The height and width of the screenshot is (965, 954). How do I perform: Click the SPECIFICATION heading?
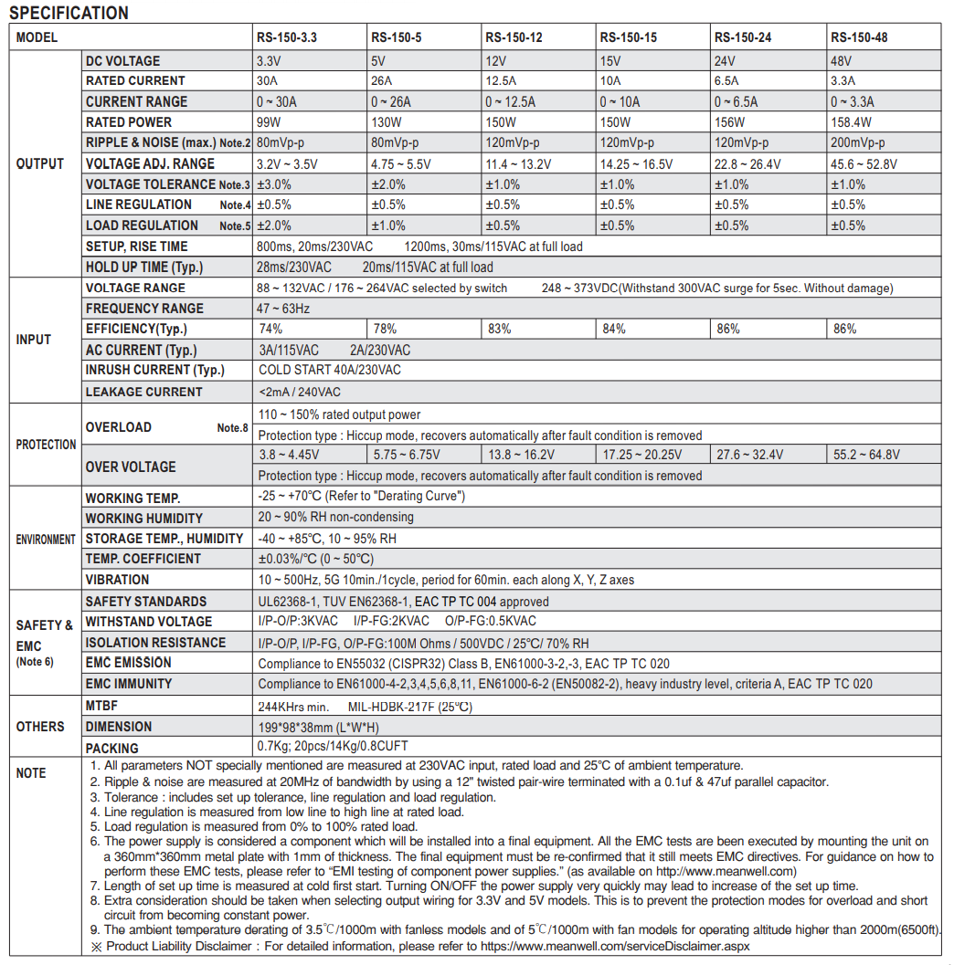[x=69, y=13]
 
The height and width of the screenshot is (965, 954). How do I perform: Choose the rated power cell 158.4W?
[x=851, y=122]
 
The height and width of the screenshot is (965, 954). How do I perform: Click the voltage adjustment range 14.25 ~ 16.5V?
[x=636, y=164]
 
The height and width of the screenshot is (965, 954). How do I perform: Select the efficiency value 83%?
[x=499, y=329]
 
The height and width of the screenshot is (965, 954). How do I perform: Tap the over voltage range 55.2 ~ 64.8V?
[x=866, y=455]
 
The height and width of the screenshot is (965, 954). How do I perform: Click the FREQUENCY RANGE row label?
[x=144, y=309]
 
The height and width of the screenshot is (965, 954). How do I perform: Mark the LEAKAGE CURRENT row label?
[x=143, y=392]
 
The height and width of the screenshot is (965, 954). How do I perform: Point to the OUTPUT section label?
[x=40, y=164]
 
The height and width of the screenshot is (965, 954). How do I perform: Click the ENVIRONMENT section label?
[x=45, y=540]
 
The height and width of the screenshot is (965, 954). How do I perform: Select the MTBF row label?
[x=101, y=706]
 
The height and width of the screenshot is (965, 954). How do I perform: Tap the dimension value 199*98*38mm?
[x=318, y=727]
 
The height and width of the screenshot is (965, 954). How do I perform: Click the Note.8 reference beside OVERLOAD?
[x=232, y=428]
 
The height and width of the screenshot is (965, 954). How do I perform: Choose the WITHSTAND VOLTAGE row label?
[x=148, y=622]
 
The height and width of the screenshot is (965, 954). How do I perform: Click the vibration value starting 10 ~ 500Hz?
[x=446, y=580]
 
